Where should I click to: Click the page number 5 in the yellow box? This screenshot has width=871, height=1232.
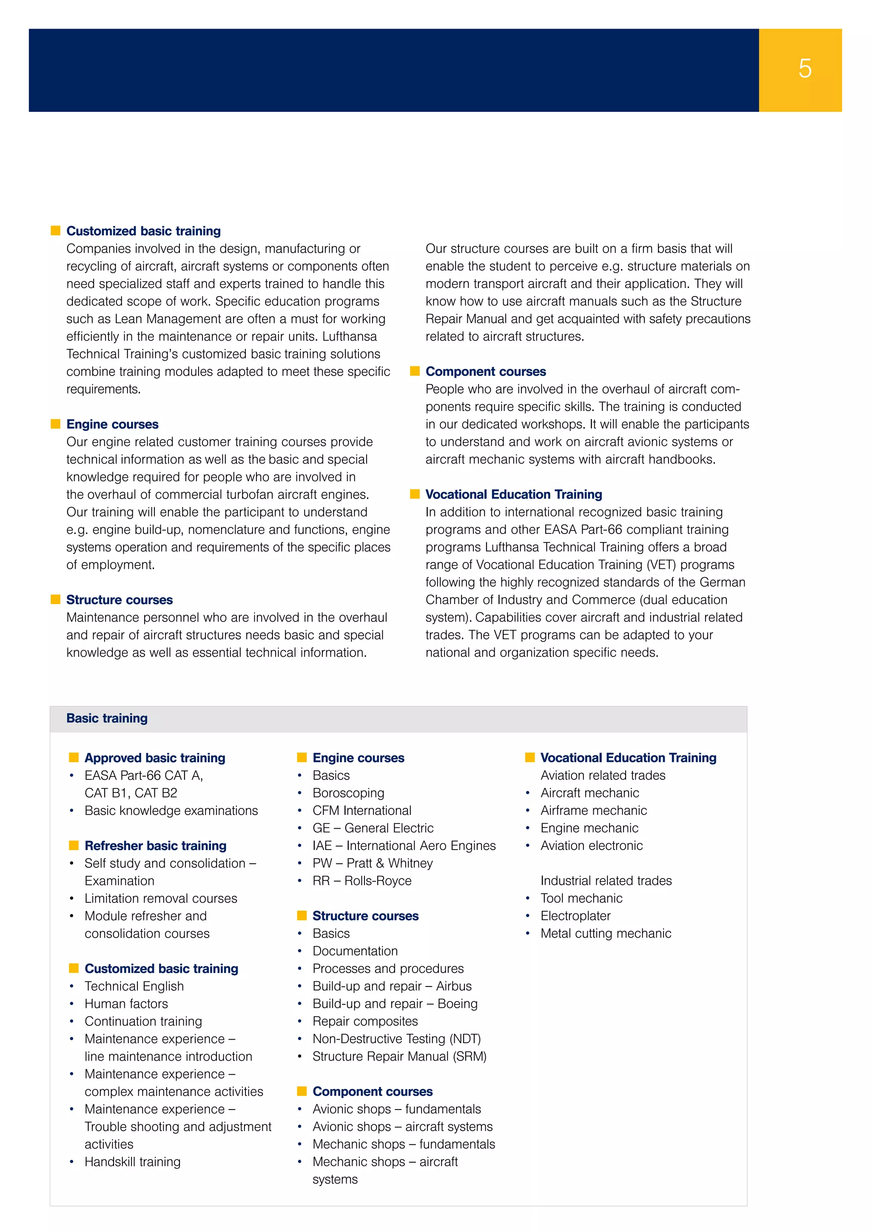pyautogui.click(x=805, y=68)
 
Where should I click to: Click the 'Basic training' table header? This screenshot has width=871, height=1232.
pyautogui.click(x=107, y=718)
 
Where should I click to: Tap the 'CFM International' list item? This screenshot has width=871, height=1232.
pyautogui.click(x=362, y=810)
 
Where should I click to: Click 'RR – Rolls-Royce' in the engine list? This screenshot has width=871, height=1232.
pyautogui.click(x=362, y=881)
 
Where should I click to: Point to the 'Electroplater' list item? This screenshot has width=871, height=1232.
pyautogui.click(x=575, y=915)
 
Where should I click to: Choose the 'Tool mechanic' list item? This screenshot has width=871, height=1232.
pyautogui.click(x=581, y=898)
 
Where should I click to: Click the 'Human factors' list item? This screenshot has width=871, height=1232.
pyautogui.click(x=126, y=1004)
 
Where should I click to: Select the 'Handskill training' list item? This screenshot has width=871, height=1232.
pyautogui.click(x=132, y=1161)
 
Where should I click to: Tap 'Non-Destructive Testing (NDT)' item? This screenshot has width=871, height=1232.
pyautogui.click(x=396, y=1038)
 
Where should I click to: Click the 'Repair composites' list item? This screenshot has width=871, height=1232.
pyautogui.click(x=365, y=1021)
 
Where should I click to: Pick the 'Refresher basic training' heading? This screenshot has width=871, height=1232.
pyautogui.click(x=156, y=846)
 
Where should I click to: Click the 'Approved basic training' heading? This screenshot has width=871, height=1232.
pyautogui.click(x=154, y=758)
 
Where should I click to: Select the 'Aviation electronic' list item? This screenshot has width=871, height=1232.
pyautogui.click(x=592, y=845)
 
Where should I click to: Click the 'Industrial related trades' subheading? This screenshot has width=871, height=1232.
pyautogui.click(x=606, y=881)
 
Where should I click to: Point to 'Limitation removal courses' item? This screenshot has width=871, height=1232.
pyautogui.click(x=161, y=898)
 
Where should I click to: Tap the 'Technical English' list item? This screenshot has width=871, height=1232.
pyautogui.click(x=134, y=986)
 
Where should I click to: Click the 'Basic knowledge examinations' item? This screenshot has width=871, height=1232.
pyautogui.click(x=171, y=810)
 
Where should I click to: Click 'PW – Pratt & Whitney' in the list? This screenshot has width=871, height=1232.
pyautogui.click(x=372, y=863)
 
